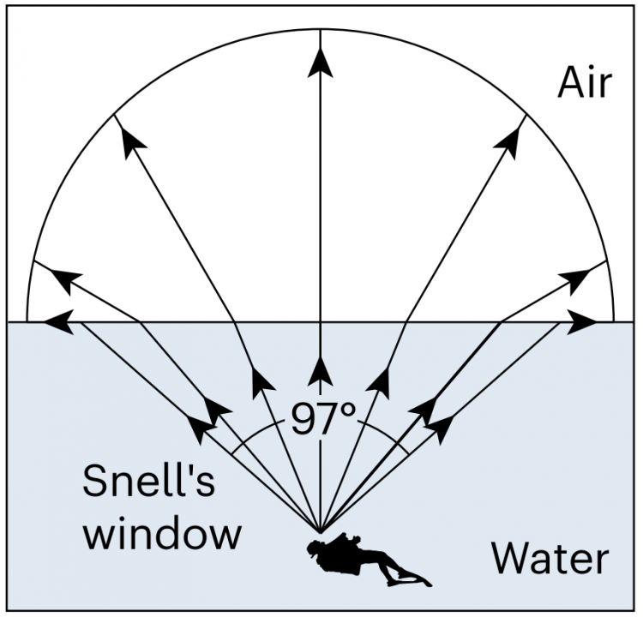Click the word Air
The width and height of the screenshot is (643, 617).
coord(585,83)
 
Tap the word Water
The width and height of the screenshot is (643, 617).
coord(550,558)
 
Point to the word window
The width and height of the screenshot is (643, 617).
coord(162,532)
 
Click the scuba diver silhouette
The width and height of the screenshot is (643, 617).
coord(369,560)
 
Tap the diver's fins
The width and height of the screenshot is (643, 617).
coord(408,578)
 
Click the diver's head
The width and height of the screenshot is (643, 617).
coord(315,549)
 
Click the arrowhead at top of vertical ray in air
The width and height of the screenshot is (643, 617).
coord(321,62)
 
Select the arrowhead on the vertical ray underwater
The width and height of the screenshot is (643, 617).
coord(321,371)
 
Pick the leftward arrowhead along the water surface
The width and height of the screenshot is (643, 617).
coord(59,322)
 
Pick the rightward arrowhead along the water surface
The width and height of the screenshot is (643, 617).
coord(581,322)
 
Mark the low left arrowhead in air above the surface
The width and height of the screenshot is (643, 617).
coord(66,281)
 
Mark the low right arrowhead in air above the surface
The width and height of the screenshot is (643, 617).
coord(575,281)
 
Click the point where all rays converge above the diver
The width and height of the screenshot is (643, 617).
coord(321,532)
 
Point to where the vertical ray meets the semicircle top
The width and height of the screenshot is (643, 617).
coord(321,29)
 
